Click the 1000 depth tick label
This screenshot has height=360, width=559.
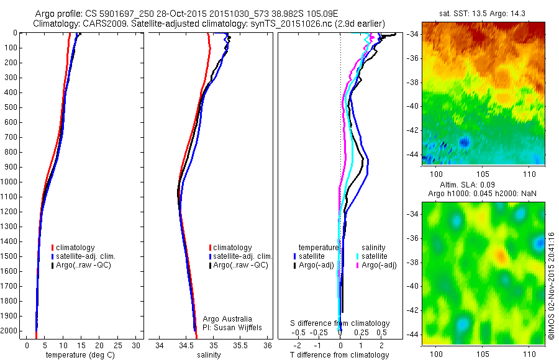10,182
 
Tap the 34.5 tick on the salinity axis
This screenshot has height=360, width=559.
187,345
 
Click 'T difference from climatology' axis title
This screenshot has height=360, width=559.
339,355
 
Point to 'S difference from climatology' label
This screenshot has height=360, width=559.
340,323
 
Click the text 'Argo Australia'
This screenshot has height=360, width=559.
228,318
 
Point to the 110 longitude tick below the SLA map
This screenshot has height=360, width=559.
529,353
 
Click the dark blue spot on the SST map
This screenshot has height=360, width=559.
463,142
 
